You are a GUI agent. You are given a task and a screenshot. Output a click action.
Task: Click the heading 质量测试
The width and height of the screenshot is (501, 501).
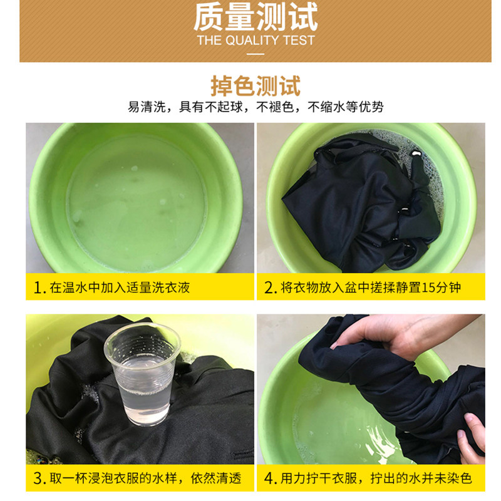(256, 17)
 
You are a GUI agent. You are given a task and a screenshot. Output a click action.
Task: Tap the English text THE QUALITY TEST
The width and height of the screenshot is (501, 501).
(256, 41)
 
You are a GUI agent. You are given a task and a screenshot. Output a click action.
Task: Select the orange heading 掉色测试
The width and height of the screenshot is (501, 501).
(256, 86)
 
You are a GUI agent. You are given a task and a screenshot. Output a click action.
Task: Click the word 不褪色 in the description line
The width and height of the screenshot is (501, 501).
(275, 106)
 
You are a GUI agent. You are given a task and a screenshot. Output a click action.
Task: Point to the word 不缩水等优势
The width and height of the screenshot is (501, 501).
(346, 106)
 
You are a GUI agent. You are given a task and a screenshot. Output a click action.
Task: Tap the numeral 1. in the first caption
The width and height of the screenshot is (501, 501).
(39, 288)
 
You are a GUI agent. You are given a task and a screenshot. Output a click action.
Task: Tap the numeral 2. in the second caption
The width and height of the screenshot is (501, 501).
(271, 288)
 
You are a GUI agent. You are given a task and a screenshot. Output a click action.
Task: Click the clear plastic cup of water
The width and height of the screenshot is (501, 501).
(142, 373)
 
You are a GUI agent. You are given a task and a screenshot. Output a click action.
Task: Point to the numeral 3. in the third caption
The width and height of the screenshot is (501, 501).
(39, 478)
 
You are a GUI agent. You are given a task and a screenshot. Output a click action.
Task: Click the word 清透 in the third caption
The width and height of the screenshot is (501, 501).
(229, 478)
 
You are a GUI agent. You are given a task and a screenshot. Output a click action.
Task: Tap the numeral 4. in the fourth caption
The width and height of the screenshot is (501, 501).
(271, 478)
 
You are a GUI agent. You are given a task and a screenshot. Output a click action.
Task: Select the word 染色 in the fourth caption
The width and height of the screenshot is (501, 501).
(459, 478)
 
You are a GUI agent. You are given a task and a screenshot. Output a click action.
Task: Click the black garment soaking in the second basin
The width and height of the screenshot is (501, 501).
(361, 205)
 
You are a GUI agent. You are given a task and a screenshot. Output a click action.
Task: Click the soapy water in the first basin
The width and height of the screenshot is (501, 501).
(137, 205)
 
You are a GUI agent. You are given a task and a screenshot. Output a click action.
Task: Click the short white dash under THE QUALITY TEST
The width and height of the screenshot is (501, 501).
(256, 54)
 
